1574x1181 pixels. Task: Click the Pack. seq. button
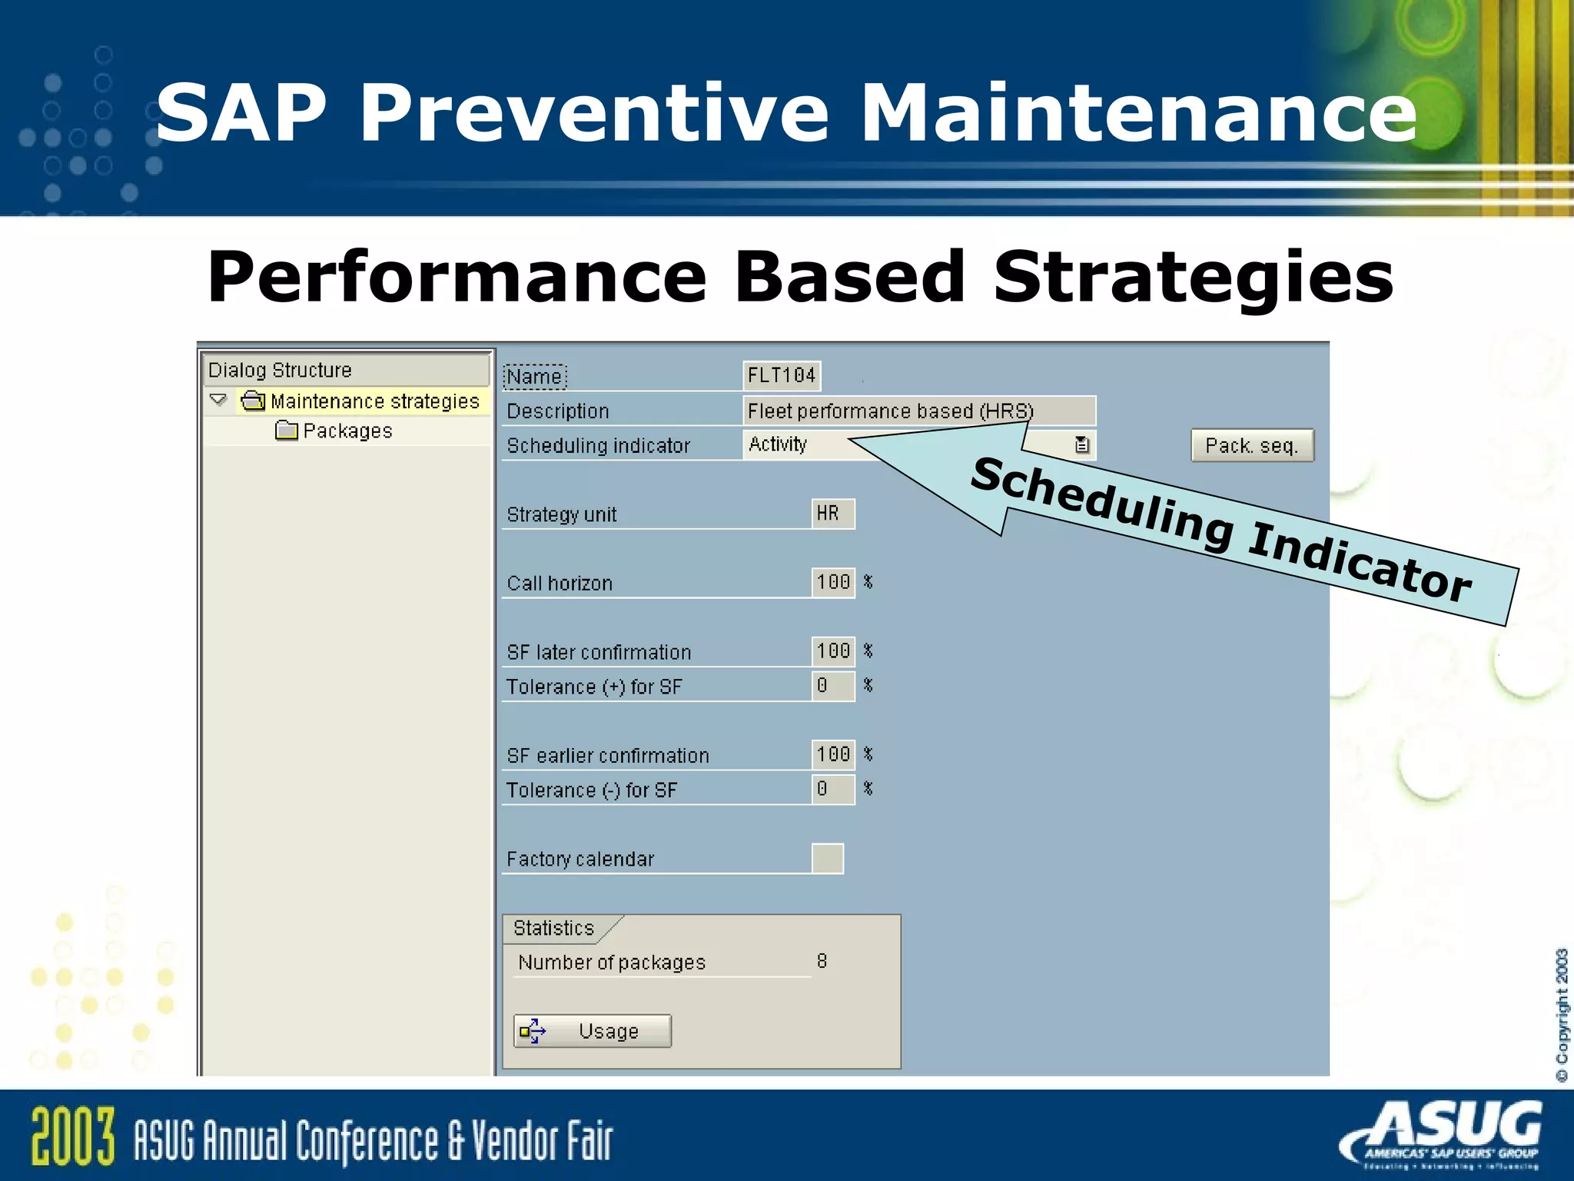1252,446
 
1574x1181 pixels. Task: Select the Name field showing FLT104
782,376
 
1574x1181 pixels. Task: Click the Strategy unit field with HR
832,514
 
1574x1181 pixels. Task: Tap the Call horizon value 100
832,583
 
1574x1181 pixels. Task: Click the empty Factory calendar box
827,859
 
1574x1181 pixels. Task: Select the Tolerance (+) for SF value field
832,686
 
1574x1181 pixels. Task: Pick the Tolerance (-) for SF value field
832,790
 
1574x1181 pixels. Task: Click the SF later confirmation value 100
832,651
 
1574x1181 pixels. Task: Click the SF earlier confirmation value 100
832,755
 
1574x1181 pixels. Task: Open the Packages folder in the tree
346,431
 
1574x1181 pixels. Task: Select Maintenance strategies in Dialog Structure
374,401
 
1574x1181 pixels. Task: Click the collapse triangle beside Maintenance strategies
218,401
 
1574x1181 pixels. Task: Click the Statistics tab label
554,929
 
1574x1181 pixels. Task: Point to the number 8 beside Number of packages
822,962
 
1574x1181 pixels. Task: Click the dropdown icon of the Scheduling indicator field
1081,445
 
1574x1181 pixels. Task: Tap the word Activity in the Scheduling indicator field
778,444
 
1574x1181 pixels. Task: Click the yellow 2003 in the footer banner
73,1136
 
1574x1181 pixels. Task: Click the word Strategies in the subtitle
1193,277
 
